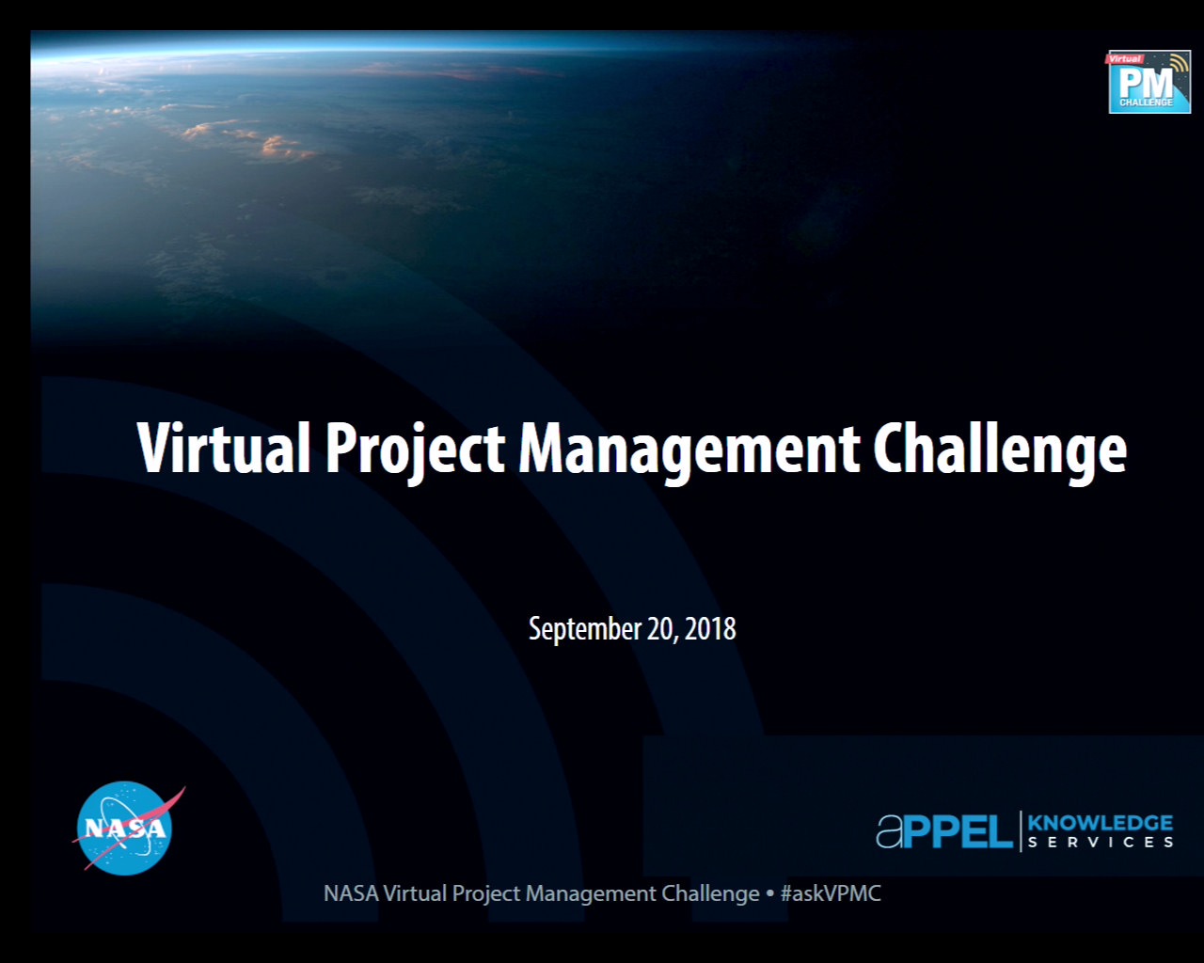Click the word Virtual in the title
[x=223, y=448]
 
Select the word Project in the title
[x=415, y=450]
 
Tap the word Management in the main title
[x=689, y=450]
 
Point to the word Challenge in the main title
[x=999, y=450]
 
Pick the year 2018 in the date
[x=710, y=628]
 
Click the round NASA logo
[x=125, y=828]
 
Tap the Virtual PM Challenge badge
[x=1149, y=82]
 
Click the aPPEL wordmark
[x=943, y=831]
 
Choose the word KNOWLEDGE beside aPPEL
[x=1100, y=823]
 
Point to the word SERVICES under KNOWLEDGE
[x=1100, y=843]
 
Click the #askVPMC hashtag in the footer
[x=831, y=893]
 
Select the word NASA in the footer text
[x=350, y=893]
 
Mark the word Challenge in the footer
[x=710, y=893]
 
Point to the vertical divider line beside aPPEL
[x=1021, y=831]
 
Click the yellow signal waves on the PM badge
[x=1179, y=67]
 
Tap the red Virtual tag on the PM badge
[x=1124, y=59]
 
